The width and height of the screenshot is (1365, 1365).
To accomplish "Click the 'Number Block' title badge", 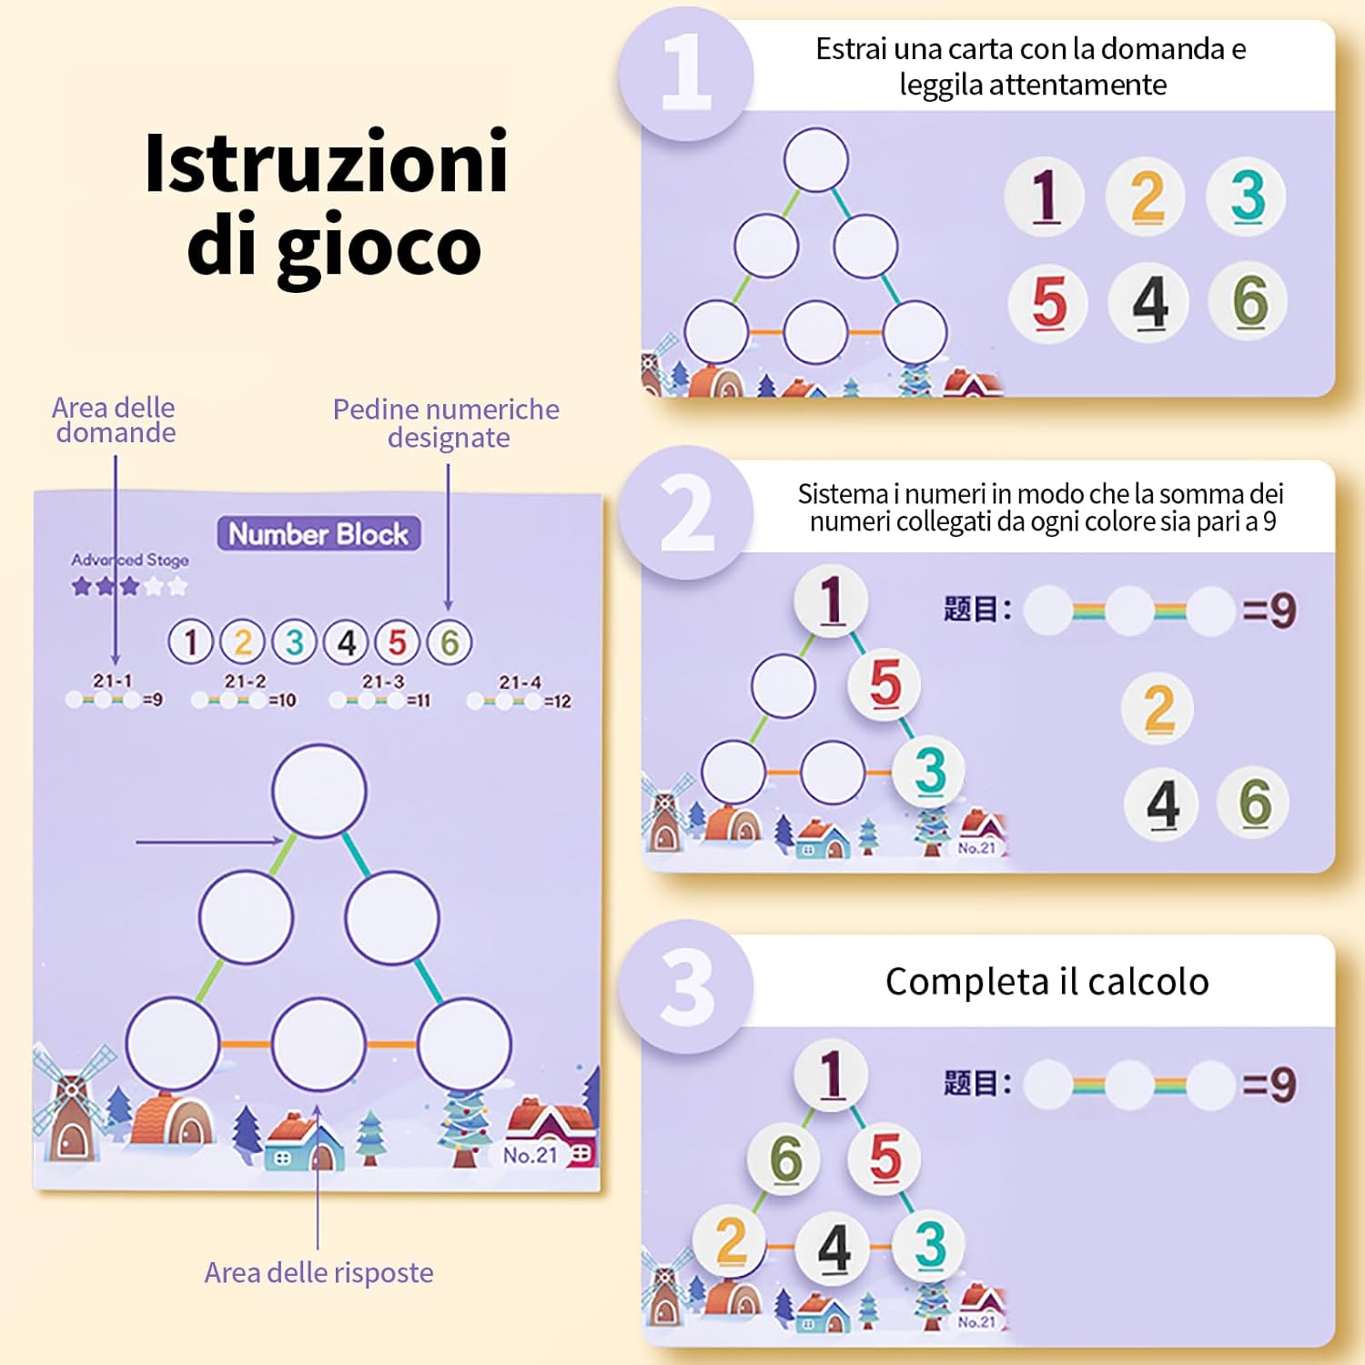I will [x=318, y=534].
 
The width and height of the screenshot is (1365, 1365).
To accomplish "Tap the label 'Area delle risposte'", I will [x=318, y=1272].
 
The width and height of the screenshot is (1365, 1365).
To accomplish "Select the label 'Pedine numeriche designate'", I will [x=446, y=423].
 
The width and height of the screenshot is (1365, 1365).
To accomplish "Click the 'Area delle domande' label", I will [x=115, y=420].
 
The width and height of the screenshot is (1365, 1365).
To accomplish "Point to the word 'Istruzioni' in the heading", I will [x=326, y=163].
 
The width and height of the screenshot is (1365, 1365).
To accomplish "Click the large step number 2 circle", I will [x=686, y=512].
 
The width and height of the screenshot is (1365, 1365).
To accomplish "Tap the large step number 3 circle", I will [x=686, y=986].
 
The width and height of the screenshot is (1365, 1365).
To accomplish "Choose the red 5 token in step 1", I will [x=1048, y=302].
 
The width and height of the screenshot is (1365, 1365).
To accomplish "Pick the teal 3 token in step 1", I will [x=1248, y=196].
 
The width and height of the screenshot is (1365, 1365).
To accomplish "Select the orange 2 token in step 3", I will [x=732, y=1241].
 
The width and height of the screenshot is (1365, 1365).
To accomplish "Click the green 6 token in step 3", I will [x=785, y=1158].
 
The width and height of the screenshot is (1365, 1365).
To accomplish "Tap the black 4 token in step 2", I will [x=1162, y=804].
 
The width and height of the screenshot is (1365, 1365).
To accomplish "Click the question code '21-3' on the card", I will [x=383, y=682].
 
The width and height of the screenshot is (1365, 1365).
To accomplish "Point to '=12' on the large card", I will [x=557, y=702].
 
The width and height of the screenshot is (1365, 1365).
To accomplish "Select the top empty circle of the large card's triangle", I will [x=319, y=790].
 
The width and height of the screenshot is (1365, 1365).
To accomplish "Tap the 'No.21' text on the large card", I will [x=530, y=1155].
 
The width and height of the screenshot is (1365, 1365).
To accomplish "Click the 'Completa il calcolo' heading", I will [x=1046, y=982].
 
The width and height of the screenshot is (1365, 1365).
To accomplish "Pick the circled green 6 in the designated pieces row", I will [x=450, y=642].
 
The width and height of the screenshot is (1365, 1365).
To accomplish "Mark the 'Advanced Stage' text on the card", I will [x=130, y=560].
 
